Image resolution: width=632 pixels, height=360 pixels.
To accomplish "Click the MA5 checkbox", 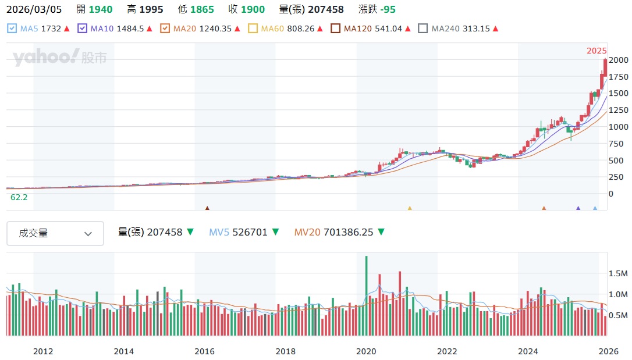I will tap(11, 28).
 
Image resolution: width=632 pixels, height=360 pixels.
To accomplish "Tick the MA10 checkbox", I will tap(82, 28).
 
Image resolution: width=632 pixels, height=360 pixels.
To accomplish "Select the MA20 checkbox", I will tap(165, 28).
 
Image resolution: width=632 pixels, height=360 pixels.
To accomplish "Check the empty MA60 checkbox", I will tap(253, 28).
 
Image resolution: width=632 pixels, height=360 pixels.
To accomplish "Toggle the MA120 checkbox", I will tap(335, 28).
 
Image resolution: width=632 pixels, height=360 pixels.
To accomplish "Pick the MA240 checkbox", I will tap(423, 28).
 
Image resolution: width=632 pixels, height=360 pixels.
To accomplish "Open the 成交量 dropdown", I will tap(55, 233).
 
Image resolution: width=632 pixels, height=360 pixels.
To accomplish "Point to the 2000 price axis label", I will tap(618, 60).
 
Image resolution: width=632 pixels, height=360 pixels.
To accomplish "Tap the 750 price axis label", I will tap(616, 144).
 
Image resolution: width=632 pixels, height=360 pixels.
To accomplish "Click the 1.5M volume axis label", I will tap(617, 273).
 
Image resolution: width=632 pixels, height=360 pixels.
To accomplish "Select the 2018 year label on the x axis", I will tap(285, 351).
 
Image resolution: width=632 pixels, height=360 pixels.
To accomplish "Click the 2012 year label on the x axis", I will tap(43, 351).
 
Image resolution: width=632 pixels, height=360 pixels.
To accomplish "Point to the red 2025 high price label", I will tap(597, 51).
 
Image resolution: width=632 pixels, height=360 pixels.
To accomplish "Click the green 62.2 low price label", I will tap(19, 197).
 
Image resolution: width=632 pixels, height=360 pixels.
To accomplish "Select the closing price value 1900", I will tap(253, 9).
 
